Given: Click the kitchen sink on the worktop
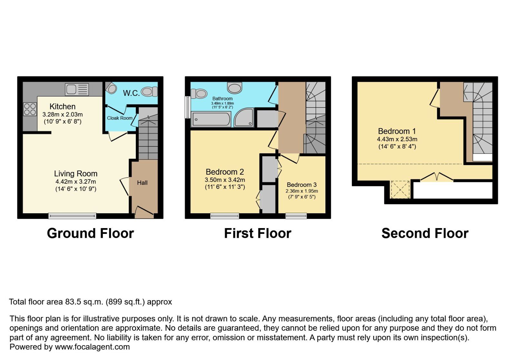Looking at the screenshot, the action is coord(77,89).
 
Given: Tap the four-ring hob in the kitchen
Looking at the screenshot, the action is coord(30,109).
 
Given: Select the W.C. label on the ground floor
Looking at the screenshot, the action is coord(131,93).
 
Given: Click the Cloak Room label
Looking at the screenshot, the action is coord(120,118).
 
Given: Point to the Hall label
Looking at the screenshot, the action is coord(142,183).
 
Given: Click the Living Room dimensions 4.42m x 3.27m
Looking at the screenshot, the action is coord(76,182).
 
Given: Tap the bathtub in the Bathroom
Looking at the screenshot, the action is coord(211,119).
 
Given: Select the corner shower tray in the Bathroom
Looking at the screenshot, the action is coord(244,117).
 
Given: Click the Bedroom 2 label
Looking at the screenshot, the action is coord(225,172).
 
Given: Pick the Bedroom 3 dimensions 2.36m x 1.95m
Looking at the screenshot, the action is coord(302,191).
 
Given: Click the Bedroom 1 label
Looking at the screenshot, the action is coord(397,131).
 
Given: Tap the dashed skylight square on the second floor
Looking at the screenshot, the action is coord(400,190).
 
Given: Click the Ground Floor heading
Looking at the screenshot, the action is coord(90,234).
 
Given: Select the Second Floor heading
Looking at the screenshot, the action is coord(425,234).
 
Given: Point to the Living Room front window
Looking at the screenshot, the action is coord(72,216).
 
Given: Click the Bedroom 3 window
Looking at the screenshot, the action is coord(296,216).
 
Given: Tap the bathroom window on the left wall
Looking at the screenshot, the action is coord(188,107).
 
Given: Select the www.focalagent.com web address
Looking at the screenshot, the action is coord(92,347).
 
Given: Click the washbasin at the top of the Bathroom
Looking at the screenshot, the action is coord(235,88).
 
